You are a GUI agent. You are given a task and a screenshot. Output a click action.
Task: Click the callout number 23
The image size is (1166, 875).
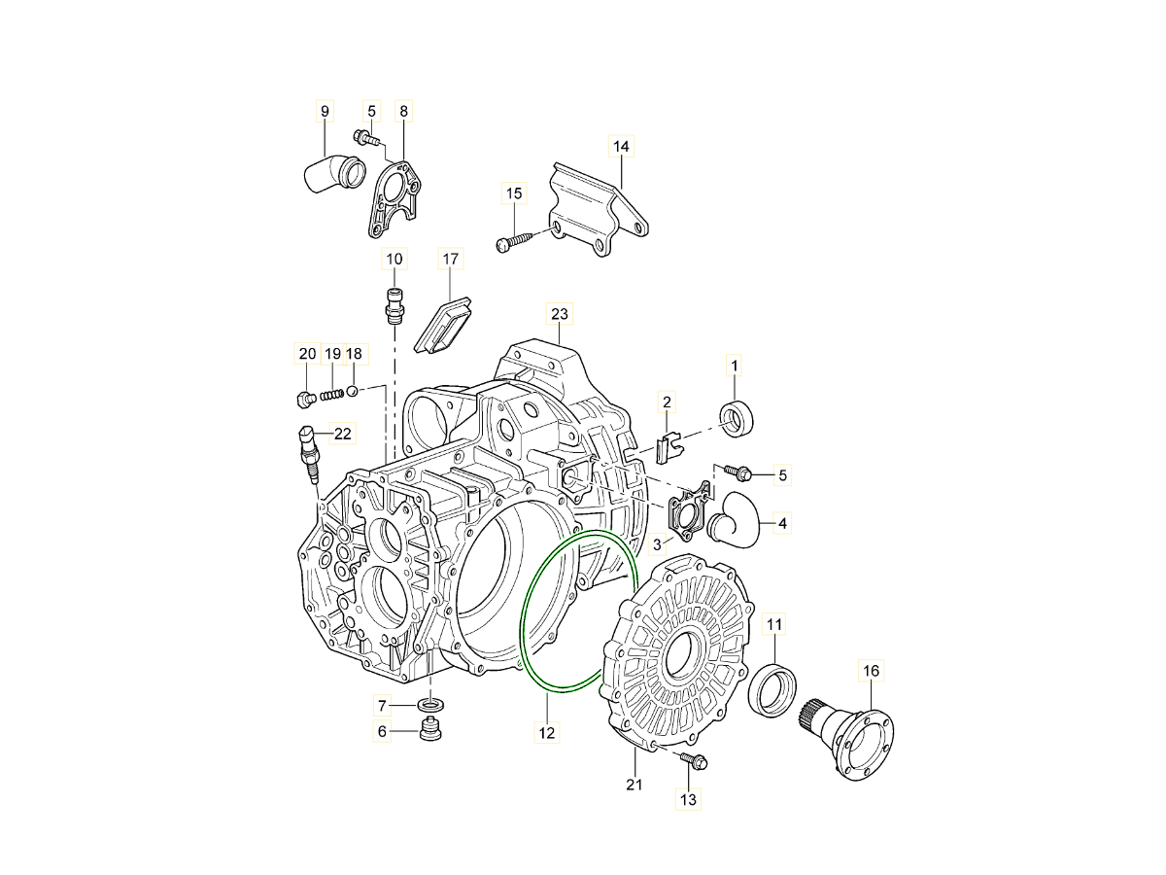click(x=559, y=314)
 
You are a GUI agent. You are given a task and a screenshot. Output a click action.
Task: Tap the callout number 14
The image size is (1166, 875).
click(x=621, y=146)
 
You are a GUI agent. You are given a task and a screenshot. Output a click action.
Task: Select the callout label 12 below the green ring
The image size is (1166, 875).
click(x=547, y=733)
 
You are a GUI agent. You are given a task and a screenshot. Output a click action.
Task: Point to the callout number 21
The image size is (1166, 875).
click(x=634, y=785)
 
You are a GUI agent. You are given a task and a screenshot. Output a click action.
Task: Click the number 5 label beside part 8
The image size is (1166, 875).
click(x=371, y=111)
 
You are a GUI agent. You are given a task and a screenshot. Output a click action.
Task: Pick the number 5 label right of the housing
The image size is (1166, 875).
click(x=782, y=475)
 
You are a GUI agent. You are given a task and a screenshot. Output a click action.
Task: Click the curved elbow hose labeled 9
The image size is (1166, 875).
click(x=334, y=173)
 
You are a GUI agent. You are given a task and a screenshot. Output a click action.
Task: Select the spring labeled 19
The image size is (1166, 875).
click(x=332, y=397)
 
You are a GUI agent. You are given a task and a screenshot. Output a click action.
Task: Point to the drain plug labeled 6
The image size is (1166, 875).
click(x=430, y=729)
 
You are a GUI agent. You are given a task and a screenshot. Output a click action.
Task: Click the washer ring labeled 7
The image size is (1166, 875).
click(x=430, y=705)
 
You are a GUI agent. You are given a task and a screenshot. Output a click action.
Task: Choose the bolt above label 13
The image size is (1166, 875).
click(x=694, y=760)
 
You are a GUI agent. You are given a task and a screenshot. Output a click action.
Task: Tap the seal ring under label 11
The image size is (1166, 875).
click(x=772, y=689)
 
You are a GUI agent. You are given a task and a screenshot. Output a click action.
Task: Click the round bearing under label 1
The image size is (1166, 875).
click(x=737, y=420)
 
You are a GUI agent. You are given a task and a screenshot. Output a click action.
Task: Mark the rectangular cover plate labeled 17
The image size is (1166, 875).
click(x=442, y=325)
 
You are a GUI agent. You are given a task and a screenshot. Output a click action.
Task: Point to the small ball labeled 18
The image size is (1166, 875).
click(x=353, y=392)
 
